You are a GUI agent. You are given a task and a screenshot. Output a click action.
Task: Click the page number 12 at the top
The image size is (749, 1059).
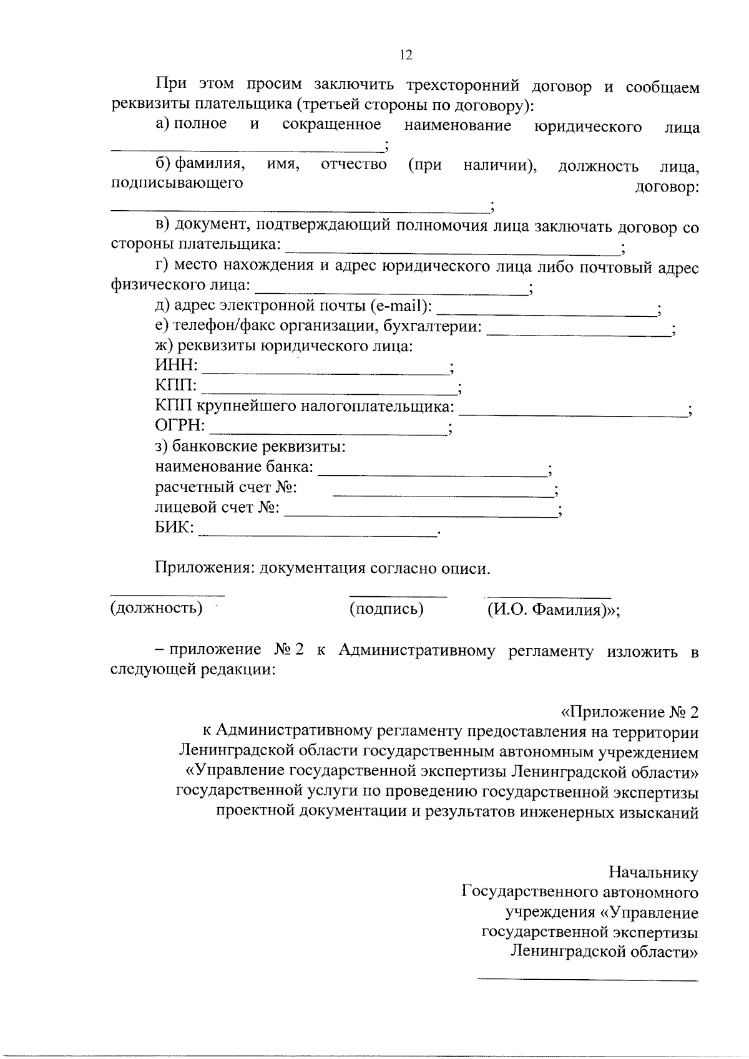point(406,55)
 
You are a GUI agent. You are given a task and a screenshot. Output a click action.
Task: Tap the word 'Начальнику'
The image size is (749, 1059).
point(654,873)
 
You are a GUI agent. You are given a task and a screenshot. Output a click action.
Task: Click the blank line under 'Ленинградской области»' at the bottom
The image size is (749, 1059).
point(588,980)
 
